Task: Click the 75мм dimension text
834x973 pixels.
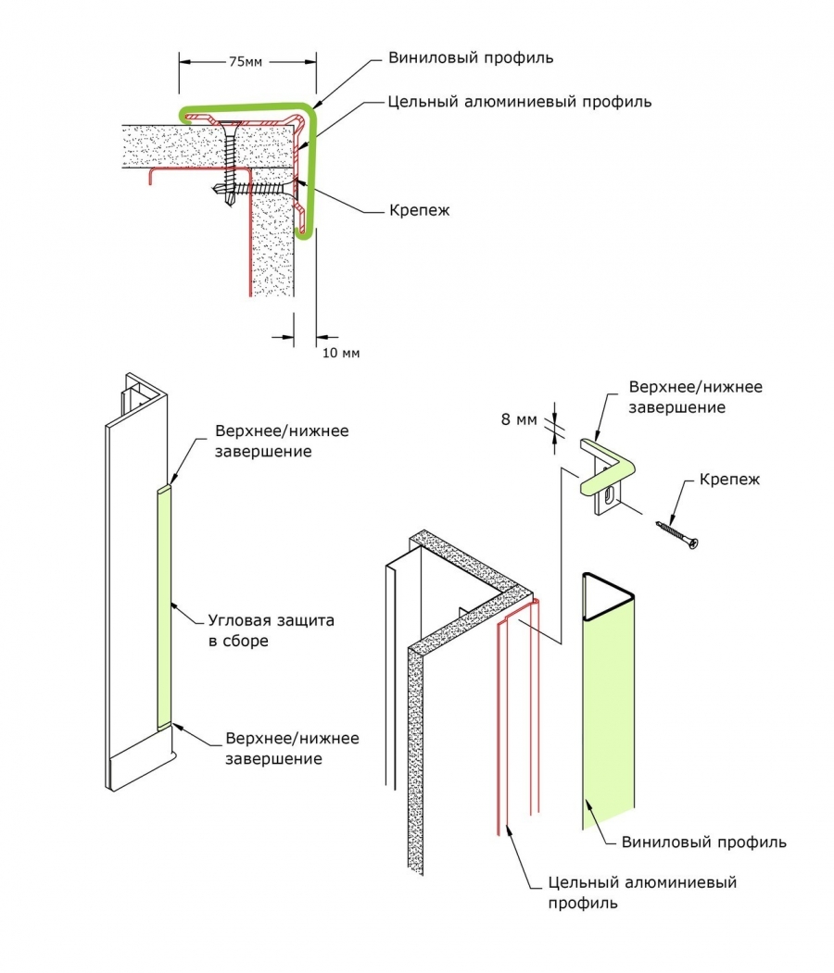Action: [246, 62]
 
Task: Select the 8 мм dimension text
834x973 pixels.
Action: [519, 419]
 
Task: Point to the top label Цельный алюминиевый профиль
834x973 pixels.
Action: [519, 101]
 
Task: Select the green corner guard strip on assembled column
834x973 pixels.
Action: [162, 606]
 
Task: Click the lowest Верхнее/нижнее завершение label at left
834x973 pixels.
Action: [292, 749]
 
